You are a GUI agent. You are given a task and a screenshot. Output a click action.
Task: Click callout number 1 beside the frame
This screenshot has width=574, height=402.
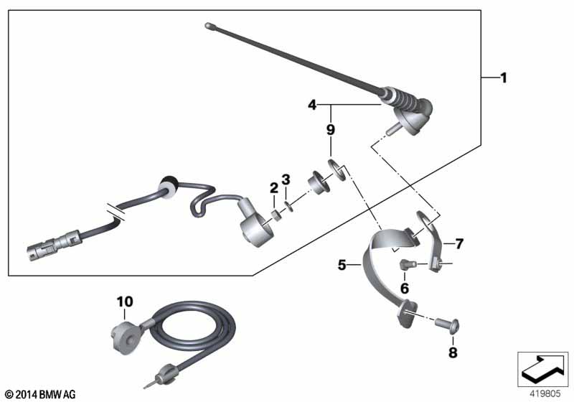tap(504, 78)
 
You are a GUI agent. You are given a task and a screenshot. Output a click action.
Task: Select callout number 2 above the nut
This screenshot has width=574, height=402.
tap(274, 188)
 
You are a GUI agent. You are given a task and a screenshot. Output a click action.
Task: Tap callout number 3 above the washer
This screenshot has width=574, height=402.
tap(286, 179)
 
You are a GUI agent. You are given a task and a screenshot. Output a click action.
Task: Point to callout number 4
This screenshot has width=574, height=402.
tap(312, 105)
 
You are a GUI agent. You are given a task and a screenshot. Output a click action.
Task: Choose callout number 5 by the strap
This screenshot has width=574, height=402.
tap(342, 265)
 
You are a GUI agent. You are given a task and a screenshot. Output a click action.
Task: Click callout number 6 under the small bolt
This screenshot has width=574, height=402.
tap(405, 288)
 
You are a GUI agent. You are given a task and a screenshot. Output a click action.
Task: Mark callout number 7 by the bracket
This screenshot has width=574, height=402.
tap(459, 243)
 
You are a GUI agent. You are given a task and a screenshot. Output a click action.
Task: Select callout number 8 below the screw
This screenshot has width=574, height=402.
tap(453, 352)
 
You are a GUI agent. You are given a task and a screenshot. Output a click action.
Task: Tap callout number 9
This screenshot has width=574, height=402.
tap(331, 130)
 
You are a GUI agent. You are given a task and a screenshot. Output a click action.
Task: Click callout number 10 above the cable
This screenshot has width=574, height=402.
tap(125, 302)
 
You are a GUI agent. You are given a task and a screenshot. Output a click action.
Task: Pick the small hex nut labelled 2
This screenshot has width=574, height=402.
tap(275, 214)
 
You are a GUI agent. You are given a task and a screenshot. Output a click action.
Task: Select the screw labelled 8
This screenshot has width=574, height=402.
tap(447, 325)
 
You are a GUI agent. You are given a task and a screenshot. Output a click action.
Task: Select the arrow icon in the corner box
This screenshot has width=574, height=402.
tap(542, 368)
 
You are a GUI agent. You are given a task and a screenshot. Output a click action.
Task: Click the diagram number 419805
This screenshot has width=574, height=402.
tap(545, 394)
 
